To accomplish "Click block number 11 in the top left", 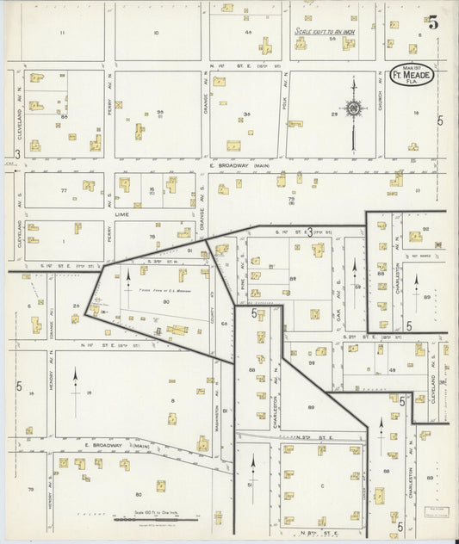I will pyautogui.click(x=62, y=33).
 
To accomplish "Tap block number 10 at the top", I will pyautogui.click(x=156, y=33).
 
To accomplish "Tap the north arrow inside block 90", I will pyautogui.click(x=128, y=277).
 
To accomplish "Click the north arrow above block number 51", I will pyautogui.click(x=253, y=466).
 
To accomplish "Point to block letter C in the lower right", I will pyautogui.click(x=322, y=485).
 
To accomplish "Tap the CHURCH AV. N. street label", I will pyautogui.click(x=380, y=103).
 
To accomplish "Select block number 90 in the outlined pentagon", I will pyautogui.click(x=158, y=326).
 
